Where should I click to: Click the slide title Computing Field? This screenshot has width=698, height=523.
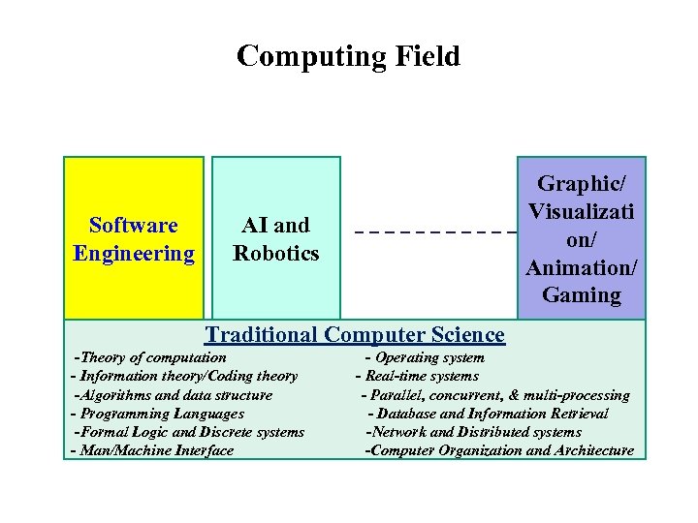(348, 57)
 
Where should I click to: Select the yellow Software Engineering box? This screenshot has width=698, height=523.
(134, 238)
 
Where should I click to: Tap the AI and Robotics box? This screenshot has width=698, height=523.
(276, 238)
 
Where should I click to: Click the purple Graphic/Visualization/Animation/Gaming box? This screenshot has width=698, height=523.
(582, 238)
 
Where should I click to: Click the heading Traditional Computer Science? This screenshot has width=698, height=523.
(355, 335)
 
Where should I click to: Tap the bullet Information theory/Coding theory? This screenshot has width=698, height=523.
(184, 377)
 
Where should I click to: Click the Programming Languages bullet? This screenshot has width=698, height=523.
(157, 414)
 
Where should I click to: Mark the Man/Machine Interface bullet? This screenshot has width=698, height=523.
(152, 450)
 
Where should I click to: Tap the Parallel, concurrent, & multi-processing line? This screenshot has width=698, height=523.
(494, 395)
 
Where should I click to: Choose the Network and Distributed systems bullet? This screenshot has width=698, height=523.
(473, 432)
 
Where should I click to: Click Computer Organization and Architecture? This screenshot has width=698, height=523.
(499, 450)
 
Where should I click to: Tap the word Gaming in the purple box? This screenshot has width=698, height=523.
(582, 295)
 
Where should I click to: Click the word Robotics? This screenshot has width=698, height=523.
(276, 254)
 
